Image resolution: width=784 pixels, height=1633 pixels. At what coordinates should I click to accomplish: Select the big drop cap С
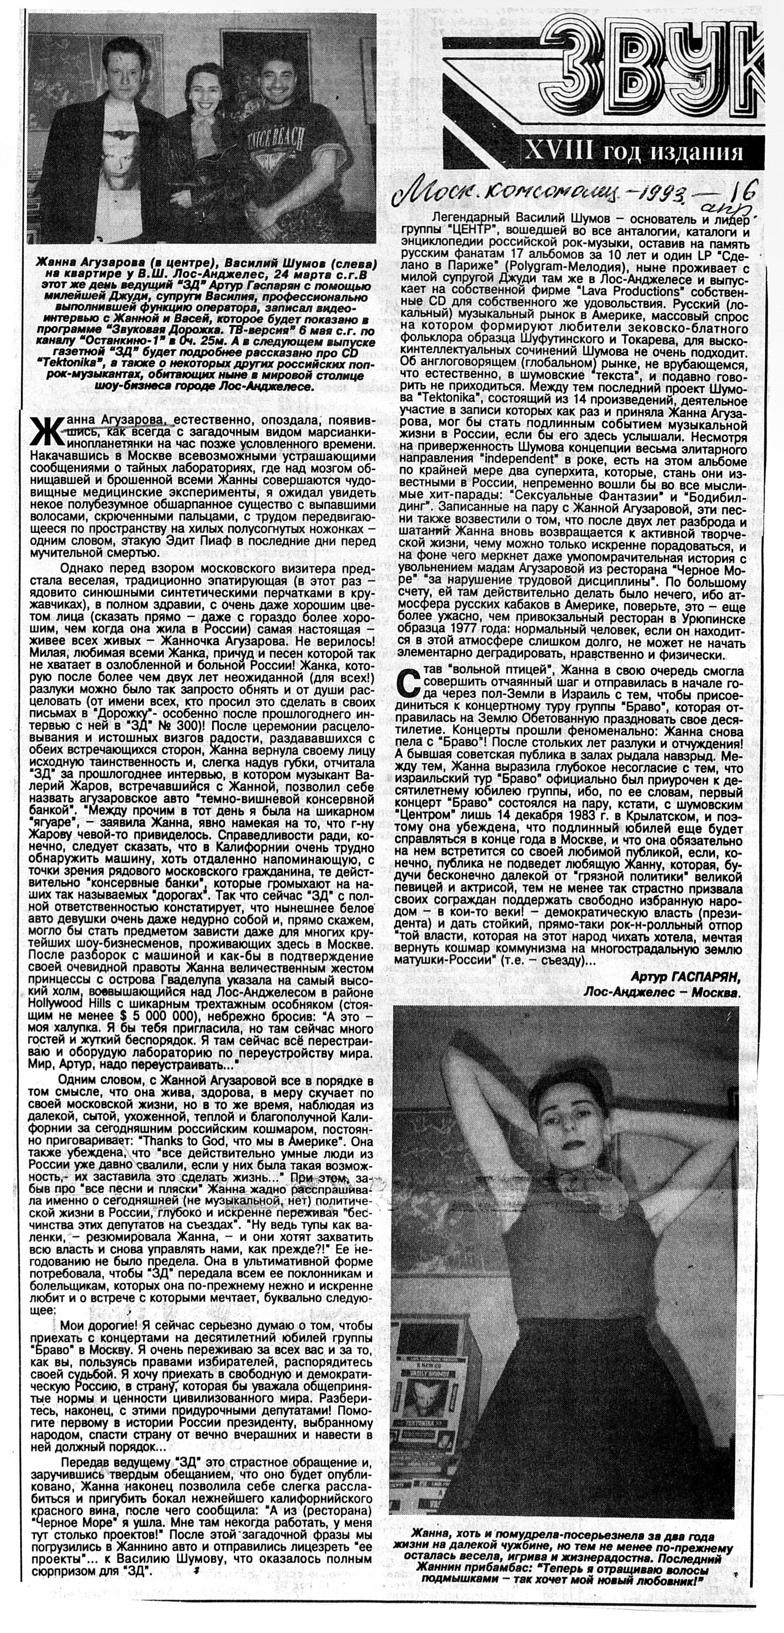(x=409, y=684)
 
